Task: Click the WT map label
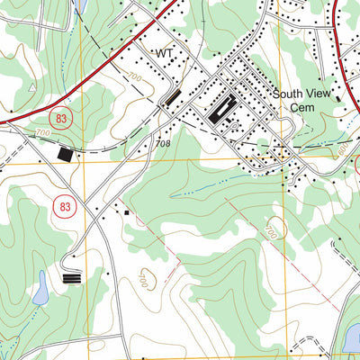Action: pos(164,54)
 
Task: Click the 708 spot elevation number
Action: pos(162,143)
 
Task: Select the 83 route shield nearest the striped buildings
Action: pos(65,206)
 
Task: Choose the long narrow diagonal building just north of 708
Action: pos(169,98)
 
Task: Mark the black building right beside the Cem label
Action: pos(337,100)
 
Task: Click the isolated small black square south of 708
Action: pos(127,213)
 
